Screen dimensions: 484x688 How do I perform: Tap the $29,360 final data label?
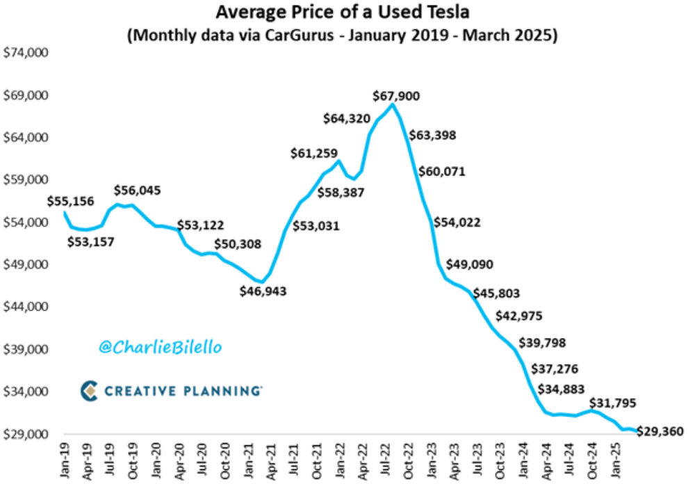[x=660, y=432]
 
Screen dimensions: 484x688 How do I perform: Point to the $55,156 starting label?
[x=71, y=202]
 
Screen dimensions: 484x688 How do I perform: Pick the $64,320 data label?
[x=347, y=119]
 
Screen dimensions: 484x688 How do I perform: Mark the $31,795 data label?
[x=612, y=403]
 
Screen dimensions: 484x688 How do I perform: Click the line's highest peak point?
[x=393, y=105]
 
